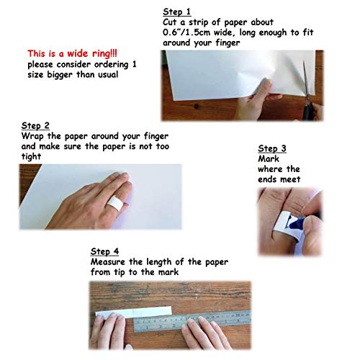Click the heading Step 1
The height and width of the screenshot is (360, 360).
tap(176, 12)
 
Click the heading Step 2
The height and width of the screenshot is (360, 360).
tap(35, 125)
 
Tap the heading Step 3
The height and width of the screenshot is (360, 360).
tap(272, 148)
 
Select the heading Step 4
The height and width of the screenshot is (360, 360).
tap(104, 251)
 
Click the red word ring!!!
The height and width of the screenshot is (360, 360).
tap(104, 54)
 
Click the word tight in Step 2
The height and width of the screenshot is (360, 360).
tap(31, 156)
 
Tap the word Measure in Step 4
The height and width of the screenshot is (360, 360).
tap(108, 262)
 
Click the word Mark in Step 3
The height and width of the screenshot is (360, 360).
tap(269, 159)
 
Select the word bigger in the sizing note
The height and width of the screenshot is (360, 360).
tap(60, 75)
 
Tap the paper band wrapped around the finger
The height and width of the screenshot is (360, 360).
tap(115, 203)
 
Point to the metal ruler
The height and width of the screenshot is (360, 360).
tap(192, 321)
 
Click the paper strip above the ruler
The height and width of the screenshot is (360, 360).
tap(134, 312)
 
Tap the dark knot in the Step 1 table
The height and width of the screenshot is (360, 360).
tap(197, 106)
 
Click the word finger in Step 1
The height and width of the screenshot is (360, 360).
tap(228, 43)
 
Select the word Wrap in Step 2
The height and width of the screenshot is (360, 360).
tap(32, 136)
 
